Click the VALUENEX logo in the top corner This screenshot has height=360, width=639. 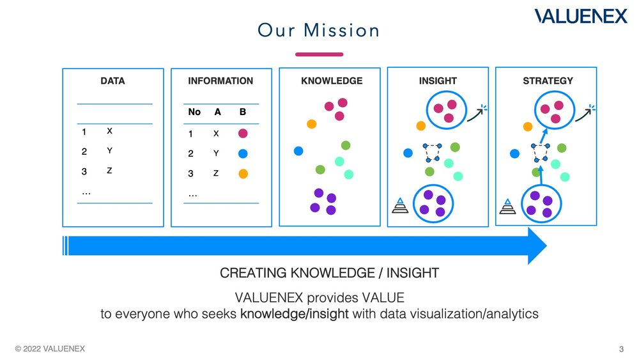(581, 17)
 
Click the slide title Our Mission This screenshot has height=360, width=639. (319, 30)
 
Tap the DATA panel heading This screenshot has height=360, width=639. (112, 81)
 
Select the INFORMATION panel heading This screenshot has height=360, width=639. (220, 81)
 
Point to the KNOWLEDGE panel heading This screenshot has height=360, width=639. (332, 81)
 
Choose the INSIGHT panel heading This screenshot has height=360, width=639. (438, 81)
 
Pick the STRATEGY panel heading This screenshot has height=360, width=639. (548, 81)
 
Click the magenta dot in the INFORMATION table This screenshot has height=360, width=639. (243, 134)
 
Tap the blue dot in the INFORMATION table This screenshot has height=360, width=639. (243, 154)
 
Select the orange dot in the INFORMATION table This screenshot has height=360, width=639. (243, 173)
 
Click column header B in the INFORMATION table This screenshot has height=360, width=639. (243, 112)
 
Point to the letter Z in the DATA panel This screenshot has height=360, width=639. (110, 171)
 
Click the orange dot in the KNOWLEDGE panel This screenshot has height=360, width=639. (312, 123)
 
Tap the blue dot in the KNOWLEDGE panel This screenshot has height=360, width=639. (298, 151)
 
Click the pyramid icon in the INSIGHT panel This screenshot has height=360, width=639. (399, 205)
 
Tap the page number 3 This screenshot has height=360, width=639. (621, 348)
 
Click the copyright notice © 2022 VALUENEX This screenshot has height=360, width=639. (50, 348)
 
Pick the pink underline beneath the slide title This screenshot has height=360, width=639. (319, 54)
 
